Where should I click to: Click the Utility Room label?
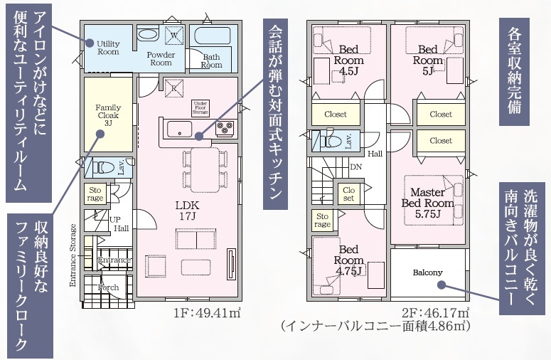point(108,48)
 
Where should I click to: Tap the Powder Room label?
point(161,59)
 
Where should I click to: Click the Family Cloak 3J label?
point(108,115)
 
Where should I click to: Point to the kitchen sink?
point(179,129)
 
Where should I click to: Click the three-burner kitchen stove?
point(225,128)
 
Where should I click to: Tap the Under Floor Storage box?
point(200,108)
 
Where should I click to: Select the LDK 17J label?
point(187,211)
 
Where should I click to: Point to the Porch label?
point(108,287)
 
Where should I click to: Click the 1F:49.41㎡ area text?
point(207,312)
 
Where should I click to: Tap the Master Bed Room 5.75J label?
point(428,203)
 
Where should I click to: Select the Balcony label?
point(428,272)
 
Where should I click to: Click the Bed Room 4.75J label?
point(348,260)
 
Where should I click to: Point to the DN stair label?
point(355,167)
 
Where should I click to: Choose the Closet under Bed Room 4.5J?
point(336,114)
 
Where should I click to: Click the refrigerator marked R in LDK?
point(173,88)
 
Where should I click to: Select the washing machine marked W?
point(174,36)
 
